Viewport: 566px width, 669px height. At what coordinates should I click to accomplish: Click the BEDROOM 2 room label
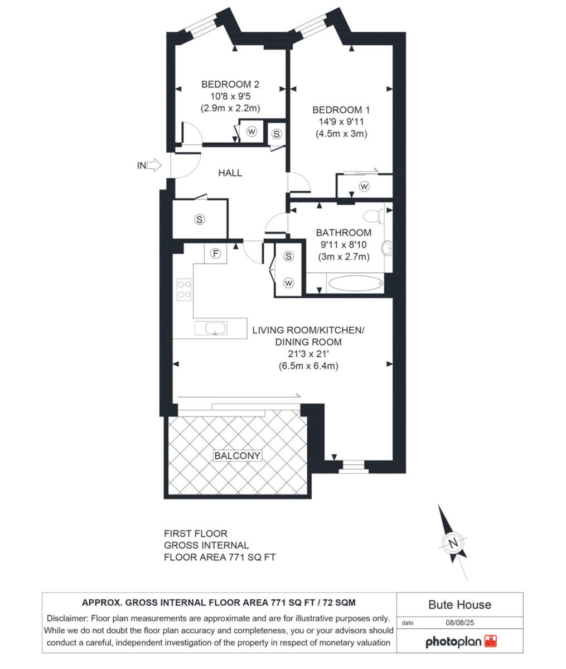pos(230,85)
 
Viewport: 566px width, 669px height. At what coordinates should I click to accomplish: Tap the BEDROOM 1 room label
pos(341,110)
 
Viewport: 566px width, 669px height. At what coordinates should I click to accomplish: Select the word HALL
pos(230,173)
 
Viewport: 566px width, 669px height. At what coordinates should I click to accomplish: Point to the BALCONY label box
pos(237,455)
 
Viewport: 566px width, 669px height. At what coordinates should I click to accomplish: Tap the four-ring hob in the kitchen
pos(183,289)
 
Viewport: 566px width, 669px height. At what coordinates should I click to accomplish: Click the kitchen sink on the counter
pos(211,328)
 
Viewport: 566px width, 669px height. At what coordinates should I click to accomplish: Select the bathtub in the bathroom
pos(355,284)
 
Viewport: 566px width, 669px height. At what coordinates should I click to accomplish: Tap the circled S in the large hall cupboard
pos(199,219)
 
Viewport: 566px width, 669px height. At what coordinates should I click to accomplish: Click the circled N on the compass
pos(453,542)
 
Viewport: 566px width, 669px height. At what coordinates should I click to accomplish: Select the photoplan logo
pos(461,642)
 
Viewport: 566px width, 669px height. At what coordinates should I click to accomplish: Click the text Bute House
pos(459,604)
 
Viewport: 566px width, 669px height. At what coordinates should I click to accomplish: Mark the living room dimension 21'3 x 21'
pos(308,354)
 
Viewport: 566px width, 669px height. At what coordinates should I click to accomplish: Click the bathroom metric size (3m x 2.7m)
pos(344,257)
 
